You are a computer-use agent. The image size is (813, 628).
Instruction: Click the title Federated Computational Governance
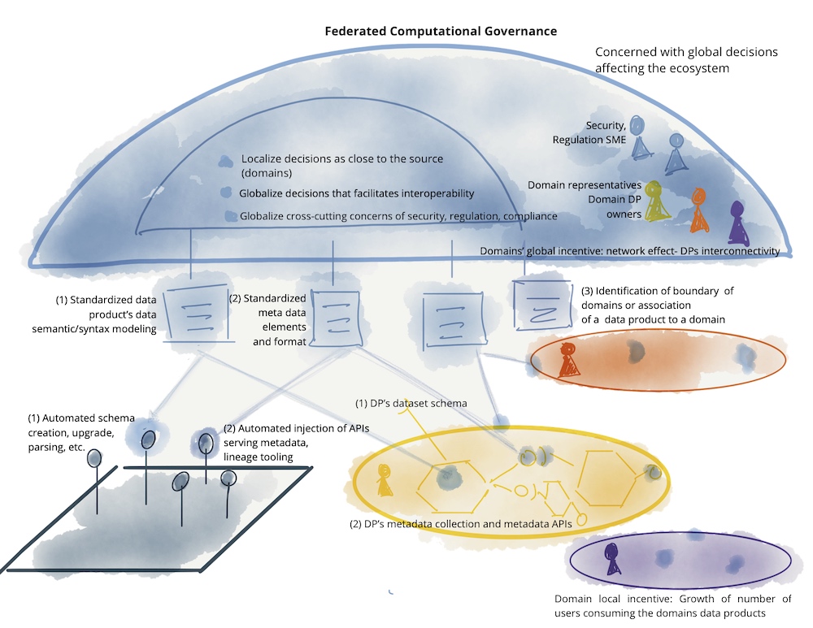tap(441, 31)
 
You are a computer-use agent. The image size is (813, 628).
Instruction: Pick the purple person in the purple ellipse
tap(611, 558)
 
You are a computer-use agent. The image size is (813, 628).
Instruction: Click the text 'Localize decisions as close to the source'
tap(342, 159)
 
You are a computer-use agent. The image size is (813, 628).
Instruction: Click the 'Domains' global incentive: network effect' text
tap(630, 251)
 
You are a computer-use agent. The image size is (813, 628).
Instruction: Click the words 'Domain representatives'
tap(584, 186)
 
